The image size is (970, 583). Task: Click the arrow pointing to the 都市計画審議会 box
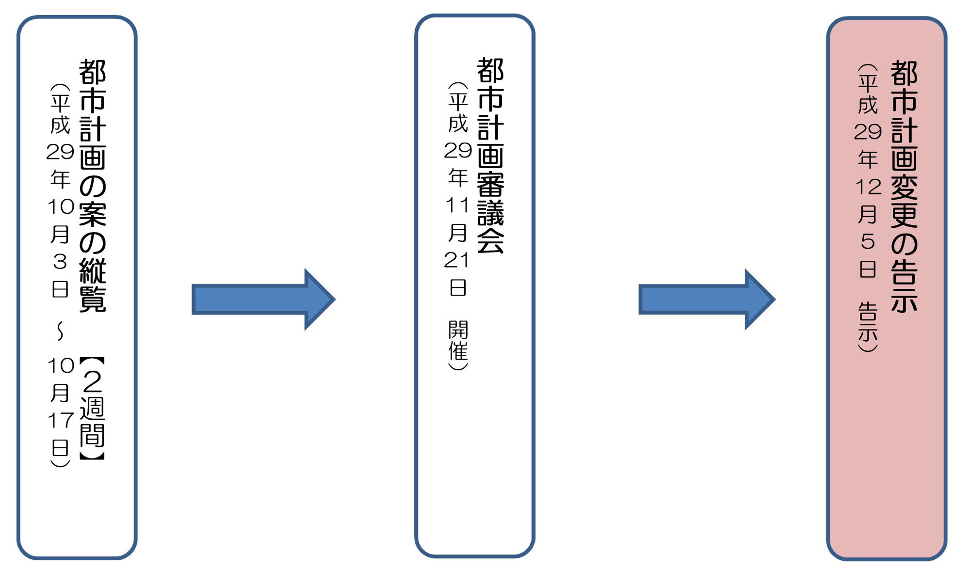(x=263, y=299)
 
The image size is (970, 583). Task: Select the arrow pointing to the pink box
(x=707, y=299)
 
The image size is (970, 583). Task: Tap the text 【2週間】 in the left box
(x=92, y=408)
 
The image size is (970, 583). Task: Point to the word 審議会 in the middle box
(x=490, y=212)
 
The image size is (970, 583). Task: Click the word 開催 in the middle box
(x=458, y=341)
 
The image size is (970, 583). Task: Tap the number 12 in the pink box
(x=868, y=187)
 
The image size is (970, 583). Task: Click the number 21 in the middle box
(x=457, y=261)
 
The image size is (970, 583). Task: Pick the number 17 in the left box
(x=60, y=420)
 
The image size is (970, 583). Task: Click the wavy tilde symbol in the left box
(x=60, y=331)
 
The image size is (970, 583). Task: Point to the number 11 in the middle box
(x=457, y=205)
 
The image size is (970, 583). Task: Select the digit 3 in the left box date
(x=60, y=262)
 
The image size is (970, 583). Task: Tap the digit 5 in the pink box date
(x=868, y=241)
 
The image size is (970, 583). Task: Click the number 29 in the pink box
(x=868, y=132)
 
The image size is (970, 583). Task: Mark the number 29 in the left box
(x=60, y=152)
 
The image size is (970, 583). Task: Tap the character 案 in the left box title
(x=92, y=214)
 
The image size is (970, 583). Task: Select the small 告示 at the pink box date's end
(x=868, y=322)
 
